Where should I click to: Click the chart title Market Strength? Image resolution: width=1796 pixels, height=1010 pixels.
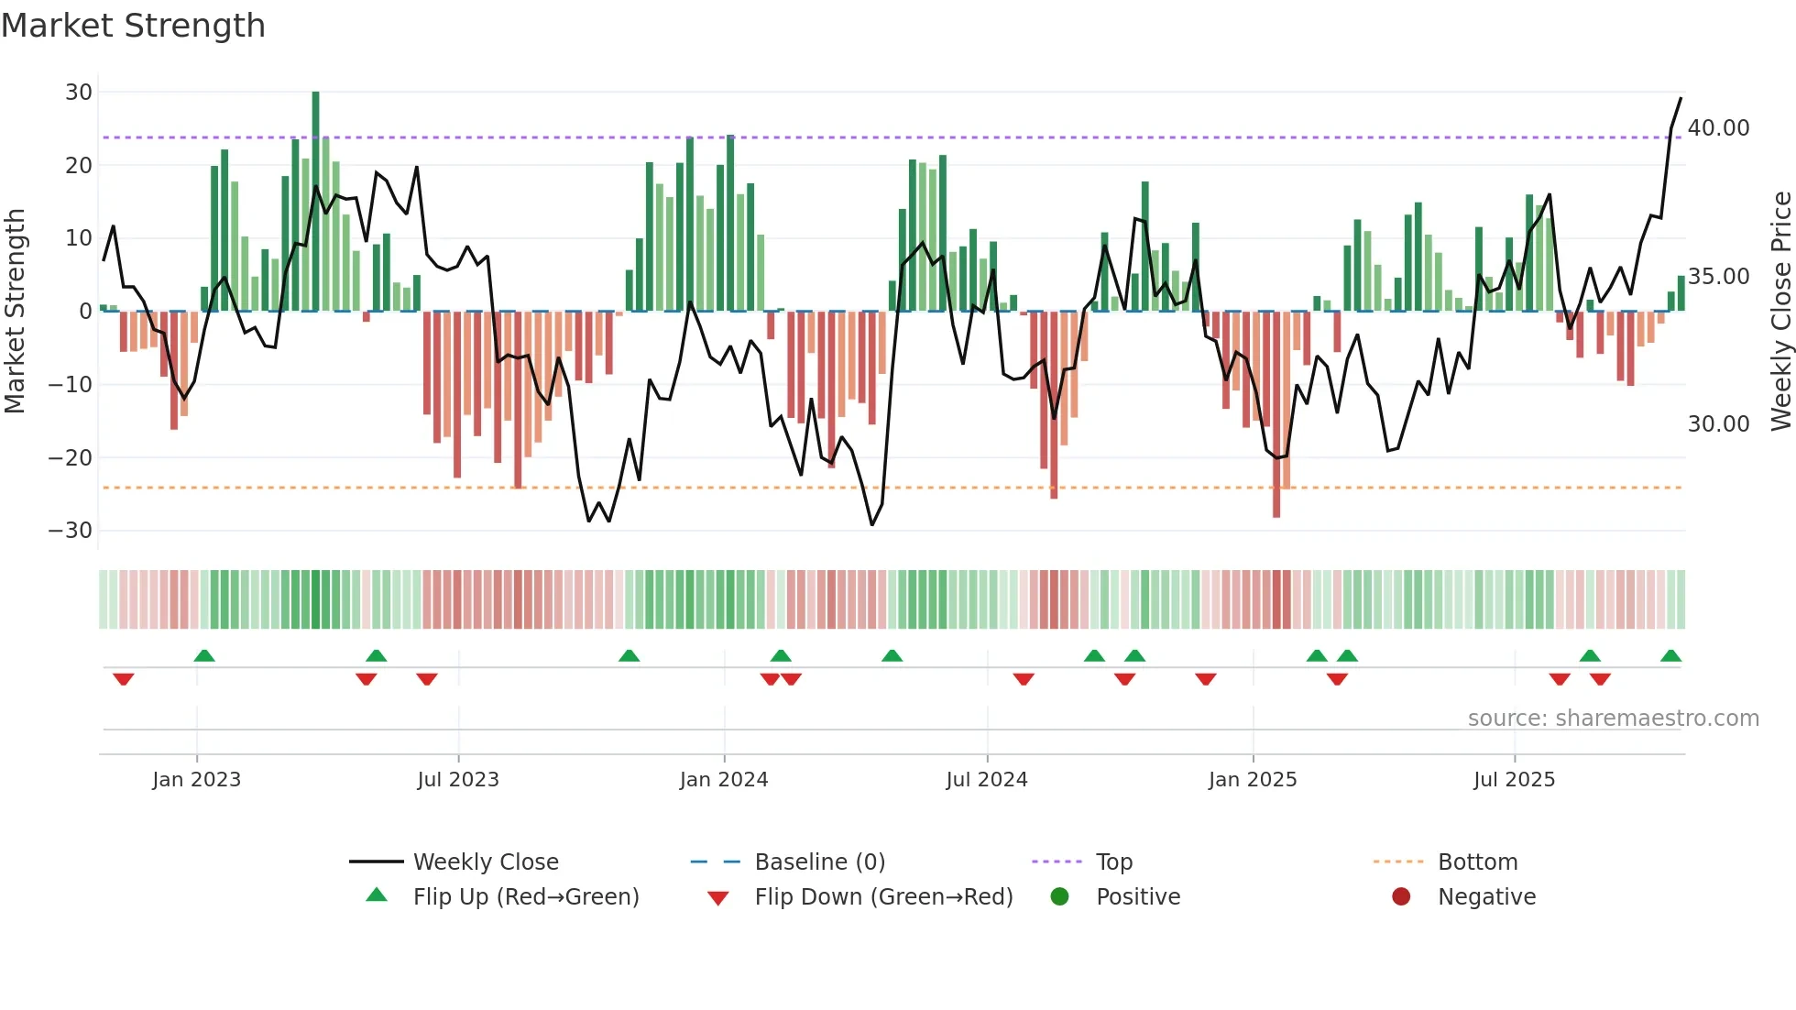133,26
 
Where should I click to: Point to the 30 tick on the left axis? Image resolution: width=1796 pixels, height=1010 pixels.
79,93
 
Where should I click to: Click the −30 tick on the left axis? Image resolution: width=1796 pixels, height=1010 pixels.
71,531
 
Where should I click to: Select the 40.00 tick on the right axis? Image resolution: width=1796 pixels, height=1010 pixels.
1718,128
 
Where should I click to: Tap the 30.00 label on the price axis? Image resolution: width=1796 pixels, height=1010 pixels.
1718,424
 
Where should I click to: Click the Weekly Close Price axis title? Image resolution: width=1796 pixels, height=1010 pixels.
1780,312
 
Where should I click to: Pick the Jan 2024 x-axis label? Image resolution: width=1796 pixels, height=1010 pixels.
723,780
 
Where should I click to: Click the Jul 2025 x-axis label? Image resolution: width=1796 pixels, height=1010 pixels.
1514,780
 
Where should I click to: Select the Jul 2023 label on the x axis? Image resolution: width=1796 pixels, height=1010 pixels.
457,780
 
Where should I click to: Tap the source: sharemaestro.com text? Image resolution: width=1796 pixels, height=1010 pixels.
1613,719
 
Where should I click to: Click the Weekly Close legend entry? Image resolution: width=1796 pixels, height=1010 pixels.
485,862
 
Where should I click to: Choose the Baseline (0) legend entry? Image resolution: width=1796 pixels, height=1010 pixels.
819,862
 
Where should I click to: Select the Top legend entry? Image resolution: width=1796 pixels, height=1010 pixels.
1113,862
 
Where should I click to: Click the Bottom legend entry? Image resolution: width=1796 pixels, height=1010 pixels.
1477,862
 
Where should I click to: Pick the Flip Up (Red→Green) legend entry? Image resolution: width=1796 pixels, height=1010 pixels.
525,897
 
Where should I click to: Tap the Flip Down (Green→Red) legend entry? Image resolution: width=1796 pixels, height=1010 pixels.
882,897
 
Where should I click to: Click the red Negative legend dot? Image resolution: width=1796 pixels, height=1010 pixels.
1401,897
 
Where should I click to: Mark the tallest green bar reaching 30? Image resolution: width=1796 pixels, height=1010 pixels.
315,202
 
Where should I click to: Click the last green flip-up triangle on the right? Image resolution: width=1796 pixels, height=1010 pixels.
1670,656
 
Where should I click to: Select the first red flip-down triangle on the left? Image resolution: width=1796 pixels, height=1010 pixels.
123,679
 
